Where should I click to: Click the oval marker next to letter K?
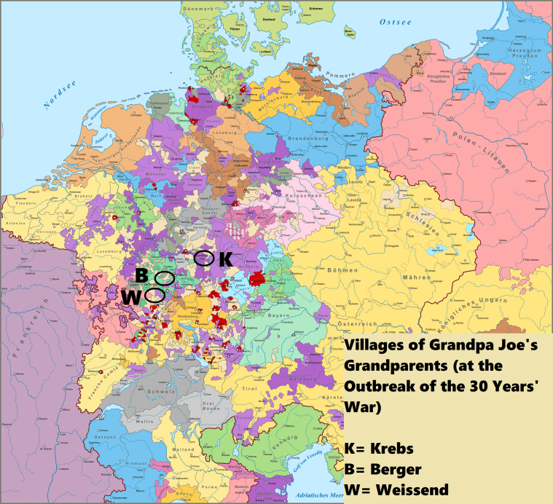pos(205,258)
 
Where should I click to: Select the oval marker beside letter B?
pos(165,278)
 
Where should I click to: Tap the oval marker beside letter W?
pos(154,295)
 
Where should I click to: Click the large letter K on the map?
pos(225,259)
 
